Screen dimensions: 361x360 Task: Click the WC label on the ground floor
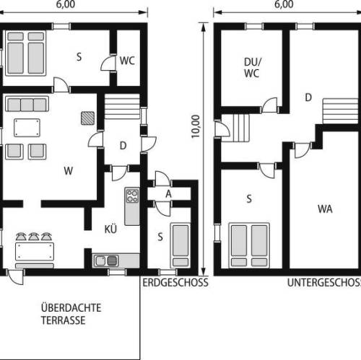tap(127, 61)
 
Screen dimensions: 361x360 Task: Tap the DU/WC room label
tap(252, 68)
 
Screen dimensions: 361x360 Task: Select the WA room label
tap(325, 208)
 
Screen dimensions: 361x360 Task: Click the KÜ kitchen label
tap(110, 229)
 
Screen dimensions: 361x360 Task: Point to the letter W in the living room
tap(69, 171)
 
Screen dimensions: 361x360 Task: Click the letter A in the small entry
tap(168, 194)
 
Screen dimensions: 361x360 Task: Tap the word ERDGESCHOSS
tap(175, 283)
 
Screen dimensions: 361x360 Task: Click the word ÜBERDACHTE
tap(71, 307)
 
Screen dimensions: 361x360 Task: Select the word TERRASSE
tap(64, 320)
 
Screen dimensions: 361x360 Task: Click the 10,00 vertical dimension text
tap(196, 126)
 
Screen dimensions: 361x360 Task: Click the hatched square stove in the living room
tap(87, 118)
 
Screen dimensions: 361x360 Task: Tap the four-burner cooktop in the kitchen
tap(132, 196)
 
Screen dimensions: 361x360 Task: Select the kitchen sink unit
tap(106, 260)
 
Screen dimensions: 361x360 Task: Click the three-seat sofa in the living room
tap(27, 104)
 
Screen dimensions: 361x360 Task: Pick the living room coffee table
tap(27, 128)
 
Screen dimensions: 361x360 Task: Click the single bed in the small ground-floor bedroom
tap(180, 245)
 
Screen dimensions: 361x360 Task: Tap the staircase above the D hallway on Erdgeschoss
tap(122, 106)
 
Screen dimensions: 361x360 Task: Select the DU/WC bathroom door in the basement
tap(270, 105)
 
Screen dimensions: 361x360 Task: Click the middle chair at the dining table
tap(34, 237)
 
